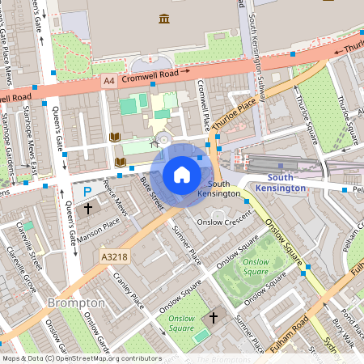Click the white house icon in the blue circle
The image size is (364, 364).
coord(182,174)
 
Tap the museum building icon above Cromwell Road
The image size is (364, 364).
coord(165,19)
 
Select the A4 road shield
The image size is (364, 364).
coord(108,82)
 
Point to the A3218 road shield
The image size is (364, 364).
coord(114,256)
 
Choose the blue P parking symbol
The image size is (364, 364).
coord(87,193)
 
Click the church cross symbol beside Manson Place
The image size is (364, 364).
coord(88,209)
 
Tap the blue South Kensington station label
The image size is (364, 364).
coord(280,183)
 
